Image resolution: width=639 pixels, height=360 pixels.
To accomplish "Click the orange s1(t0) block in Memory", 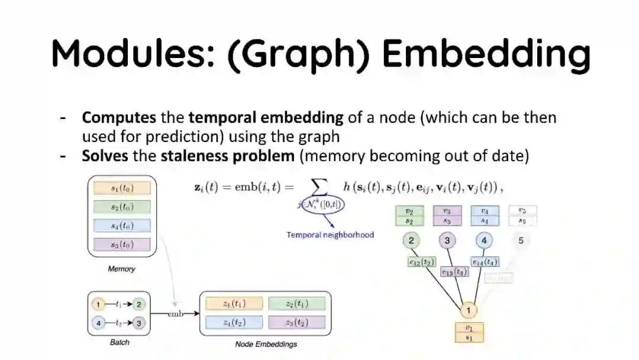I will [x=122, y=188].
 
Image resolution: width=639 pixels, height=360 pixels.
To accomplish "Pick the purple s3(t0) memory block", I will [x=122, y=245].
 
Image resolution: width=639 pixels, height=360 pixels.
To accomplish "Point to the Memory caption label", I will [x=121, y=269].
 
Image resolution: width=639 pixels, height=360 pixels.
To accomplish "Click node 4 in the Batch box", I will [x=99, y=323].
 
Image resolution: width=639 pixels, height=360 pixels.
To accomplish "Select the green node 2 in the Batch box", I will [x=138, y=304].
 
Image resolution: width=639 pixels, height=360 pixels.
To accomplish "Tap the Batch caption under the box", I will [x=120, y=342].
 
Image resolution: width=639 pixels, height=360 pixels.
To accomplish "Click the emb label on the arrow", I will [x=176, y=313].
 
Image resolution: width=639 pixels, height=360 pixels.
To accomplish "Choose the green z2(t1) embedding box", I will [x=296, y=304].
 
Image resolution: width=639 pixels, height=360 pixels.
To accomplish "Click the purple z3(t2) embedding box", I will [x=296, y=323].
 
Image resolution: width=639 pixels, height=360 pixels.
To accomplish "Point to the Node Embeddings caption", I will [x=266, y=344].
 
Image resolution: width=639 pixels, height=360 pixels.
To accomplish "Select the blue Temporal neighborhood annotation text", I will [x=330, y=234].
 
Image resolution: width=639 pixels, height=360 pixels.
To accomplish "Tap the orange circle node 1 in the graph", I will [x=469, y=310].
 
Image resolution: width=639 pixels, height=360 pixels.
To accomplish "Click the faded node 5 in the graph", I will [x=521, y=240].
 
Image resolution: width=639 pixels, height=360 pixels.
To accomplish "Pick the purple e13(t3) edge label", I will [x=454, y=272].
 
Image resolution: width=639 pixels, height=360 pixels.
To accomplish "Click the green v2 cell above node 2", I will [x=409, y=211].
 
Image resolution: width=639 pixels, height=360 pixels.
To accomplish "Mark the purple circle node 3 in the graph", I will [x=447, y=240].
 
